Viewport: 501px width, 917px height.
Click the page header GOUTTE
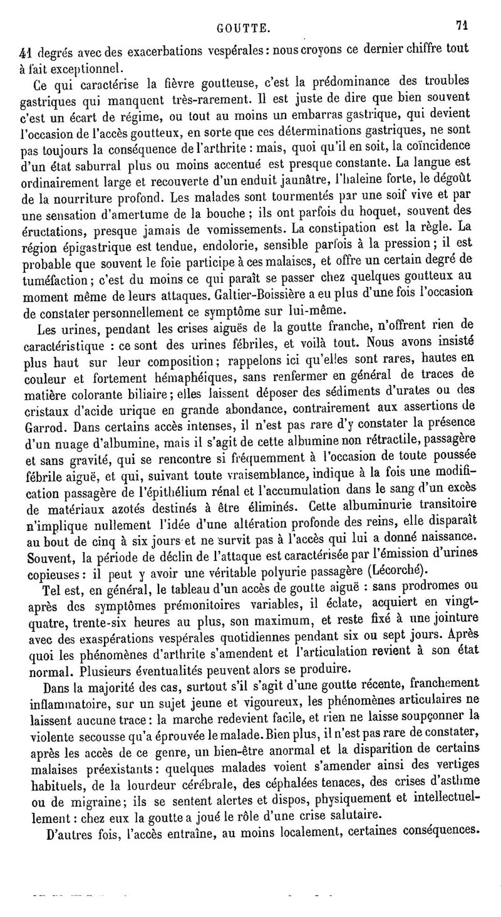point(244,28)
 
